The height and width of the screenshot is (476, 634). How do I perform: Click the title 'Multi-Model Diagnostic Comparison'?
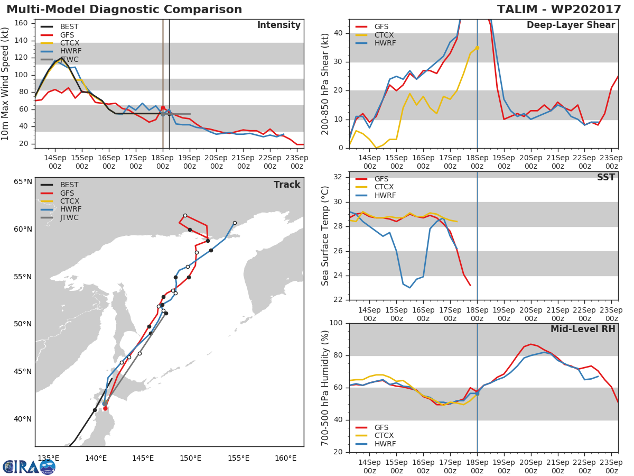124,10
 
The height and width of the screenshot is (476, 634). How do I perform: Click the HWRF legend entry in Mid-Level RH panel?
384,444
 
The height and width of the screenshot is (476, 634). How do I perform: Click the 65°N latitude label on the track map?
23,182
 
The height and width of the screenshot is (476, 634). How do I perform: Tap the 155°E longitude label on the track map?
238,458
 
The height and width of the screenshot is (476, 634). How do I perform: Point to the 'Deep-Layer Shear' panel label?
571,25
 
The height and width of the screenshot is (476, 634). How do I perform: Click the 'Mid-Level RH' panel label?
582,329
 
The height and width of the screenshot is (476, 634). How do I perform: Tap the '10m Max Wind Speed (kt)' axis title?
6,84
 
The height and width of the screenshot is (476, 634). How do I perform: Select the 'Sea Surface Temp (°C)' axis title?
325,236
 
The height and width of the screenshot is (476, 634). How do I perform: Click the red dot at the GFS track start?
105,408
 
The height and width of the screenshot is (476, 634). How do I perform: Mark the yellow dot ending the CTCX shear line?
477,48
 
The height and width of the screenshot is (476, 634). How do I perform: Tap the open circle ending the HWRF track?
235,223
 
